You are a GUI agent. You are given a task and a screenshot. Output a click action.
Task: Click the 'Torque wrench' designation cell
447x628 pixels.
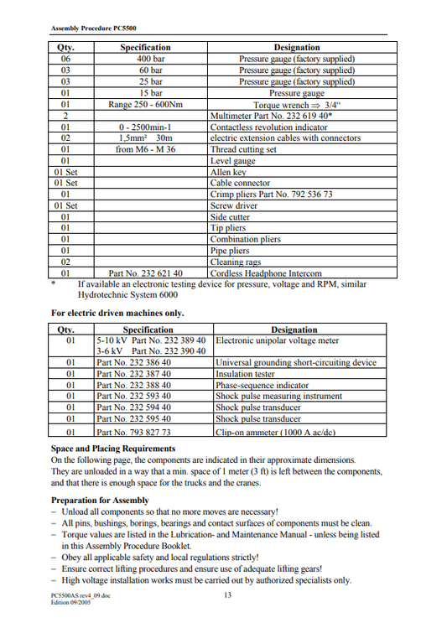coord(296,105)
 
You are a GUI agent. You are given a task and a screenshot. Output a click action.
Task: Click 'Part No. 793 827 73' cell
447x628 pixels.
coord(134,432)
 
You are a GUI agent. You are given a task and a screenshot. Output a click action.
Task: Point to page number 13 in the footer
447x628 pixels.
coord(227,596)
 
